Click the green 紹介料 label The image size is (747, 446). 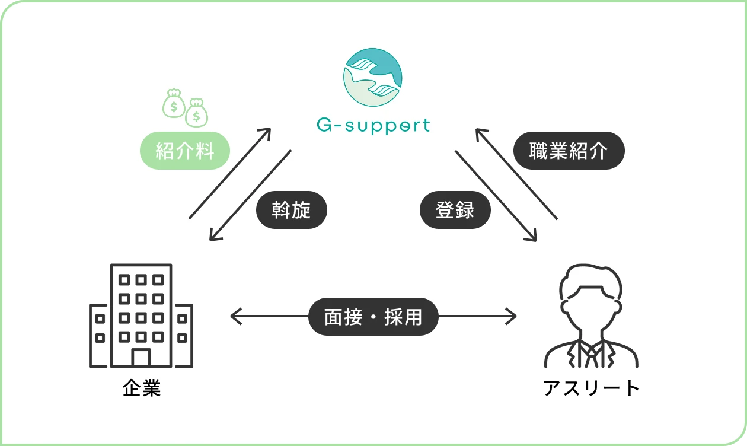pyautogui.click(x=184, y=151)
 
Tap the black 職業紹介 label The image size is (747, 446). pyautogui.click(x=568, y=151)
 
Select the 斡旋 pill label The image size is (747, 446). pyautogui.click(x=291, y=209)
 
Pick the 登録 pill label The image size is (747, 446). pyautogui.click(x=455, y=209)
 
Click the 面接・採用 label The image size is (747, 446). pyautogui.click(x=373, y=317)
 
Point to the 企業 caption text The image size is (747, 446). pyautogui.click(x=142, y=388)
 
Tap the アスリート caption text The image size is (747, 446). pyautogui.click(x=591, y=388)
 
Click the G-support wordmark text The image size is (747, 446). pyautogui.click(x=373, y=126)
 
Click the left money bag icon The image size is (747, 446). pyautogui.click(x=174, y=103)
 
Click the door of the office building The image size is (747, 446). pyautogui.click(x=141, y=358)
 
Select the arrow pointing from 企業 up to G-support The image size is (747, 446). pyautogui.click(x=230, y=173)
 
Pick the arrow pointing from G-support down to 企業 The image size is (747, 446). pyautogui.click(x=250, y=196)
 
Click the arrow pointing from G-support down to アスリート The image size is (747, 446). pyautogui.click(x=496, y=196)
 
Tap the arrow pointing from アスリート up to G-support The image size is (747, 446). pyautogui.click(x=516, y=173)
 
